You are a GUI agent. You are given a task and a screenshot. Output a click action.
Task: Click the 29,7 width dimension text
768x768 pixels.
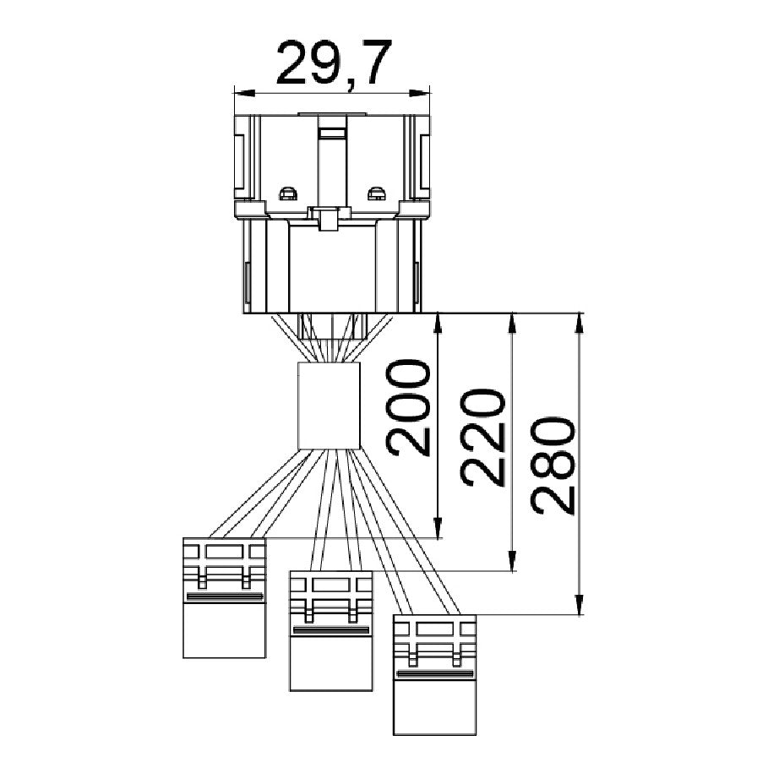[334, 63]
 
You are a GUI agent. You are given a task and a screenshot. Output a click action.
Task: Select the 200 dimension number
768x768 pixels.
[407, 407]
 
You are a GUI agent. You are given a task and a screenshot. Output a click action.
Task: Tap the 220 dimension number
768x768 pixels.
[482, 438]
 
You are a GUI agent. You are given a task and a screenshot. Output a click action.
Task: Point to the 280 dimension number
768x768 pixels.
[551, 466]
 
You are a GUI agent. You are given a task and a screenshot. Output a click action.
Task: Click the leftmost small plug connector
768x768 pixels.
[225, 597]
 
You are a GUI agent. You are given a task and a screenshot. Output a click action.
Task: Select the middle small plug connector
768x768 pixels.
[331, 631]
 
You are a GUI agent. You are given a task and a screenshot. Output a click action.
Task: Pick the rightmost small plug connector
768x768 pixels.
[435, 675]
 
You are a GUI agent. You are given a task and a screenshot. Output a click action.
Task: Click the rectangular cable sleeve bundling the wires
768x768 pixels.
[330, 406]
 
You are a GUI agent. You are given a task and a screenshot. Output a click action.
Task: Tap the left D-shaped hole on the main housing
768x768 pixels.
[288, 194]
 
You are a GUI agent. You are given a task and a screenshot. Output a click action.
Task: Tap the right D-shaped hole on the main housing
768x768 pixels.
[376, 194]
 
